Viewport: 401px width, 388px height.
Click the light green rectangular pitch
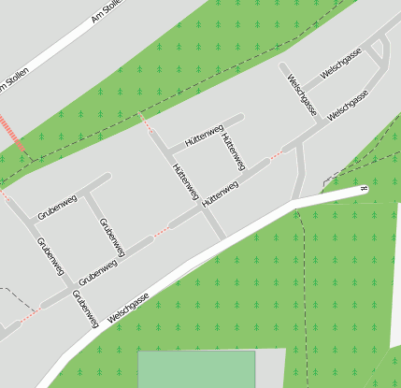[x=196, y=369]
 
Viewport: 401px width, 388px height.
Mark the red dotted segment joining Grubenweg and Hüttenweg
[x=162, y=229]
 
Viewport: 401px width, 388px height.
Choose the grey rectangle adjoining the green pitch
[x=270, y=369]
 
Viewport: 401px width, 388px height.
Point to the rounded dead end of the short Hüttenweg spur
[x=241, y=118]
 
